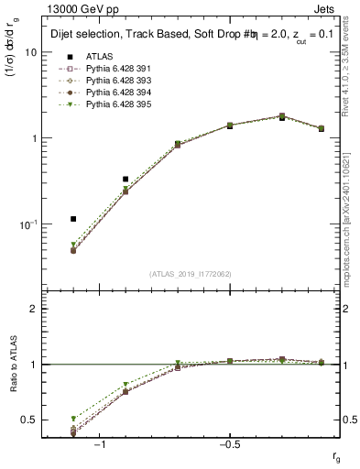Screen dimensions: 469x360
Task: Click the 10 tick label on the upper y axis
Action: tap(30, 52)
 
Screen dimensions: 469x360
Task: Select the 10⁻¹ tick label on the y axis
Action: tap(27, 224)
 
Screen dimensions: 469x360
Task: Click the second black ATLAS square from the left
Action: tap(125, 180)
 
